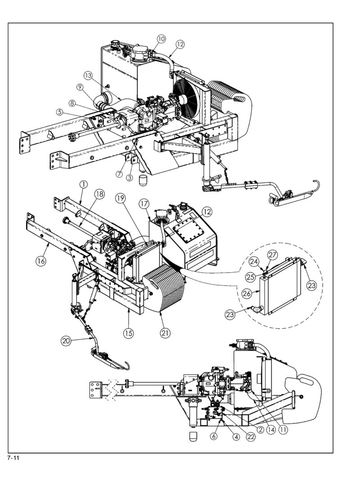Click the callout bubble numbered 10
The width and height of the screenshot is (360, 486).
click(161, 39)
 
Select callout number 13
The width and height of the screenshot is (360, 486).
click(88, 75)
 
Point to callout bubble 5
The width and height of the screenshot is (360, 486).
click(60, 112)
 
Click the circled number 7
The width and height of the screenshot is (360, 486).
click(119, 174)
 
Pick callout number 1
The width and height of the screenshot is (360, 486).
click(83, 184)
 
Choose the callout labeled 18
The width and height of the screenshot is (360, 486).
click(99, 194)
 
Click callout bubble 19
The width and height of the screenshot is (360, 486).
click(121, 198)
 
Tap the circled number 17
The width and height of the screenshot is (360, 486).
click(144, 204)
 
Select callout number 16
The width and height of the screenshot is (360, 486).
click(40, 261)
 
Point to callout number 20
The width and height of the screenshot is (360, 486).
click(66, 341)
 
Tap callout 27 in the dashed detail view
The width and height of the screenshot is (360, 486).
click(273, 255)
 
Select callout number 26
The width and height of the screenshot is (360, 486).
click(247, 293)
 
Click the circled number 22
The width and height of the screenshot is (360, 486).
click(251, 436)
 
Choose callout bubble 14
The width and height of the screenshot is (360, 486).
click(271, 430)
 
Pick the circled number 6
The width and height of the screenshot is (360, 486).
click(213, 436)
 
